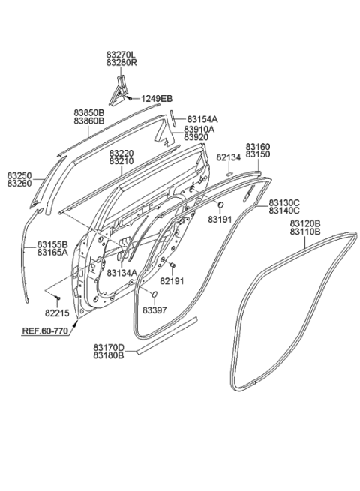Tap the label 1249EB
point(157,99)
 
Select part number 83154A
point(202,118)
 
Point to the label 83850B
point(88,112)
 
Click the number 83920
point(199,137)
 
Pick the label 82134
point(229,157)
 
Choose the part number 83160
point(259,146)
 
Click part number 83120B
point(305,224)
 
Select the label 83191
point(220,219)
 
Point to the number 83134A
point(121,272)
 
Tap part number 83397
point(154,310)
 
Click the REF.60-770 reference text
point(44,331)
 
